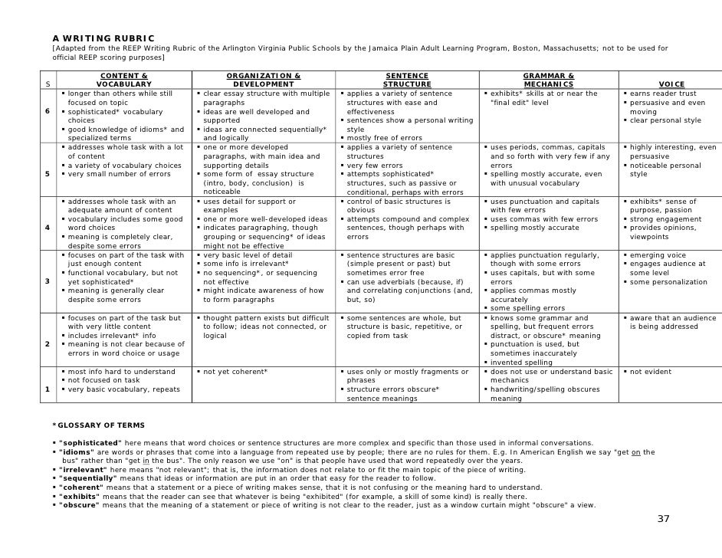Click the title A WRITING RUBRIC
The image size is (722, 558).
pyautogui.click(x=103, y=38)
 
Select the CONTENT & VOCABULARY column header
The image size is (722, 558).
pyautogui.click(x=123, y=80)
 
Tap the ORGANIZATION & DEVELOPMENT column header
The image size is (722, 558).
pyautogui.click(x=263, y=80)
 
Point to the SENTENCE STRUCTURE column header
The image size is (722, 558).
pyautogui.click(x=407, y=80)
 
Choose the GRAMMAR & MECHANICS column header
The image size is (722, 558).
pyautogui.click(x=548, y=80)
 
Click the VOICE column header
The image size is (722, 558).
pyautogui.click(x=671, y=84)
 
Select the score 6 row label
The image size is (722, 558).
pyautogui.click(x=47, y=112)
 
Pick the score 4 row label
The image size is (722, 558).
pyautogui.click(x=47, y=228)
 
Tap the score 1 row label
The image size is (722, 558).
pyautogui.click(x=47, y=389)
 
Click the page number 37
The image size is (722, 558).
pyautogui.click(x=663, y=519)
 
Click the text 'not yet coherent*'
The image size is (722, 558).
pyautogui.click(x=235, y=372)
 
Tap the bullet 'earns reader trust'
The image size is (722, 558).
pyautogui.click(x=663, y=94)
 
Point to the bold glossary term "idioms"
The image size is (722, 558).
pyautogui.click(x=75, y=452)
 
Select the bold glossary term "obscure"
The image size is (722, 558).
pyautogui.click(x=79, y=505)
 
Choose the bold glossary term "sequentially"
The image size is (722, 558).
pyautogui.click(x=87, y=478)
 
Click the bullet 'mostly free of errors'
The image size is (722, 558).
pyautogui.click(x=384, y=138)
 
